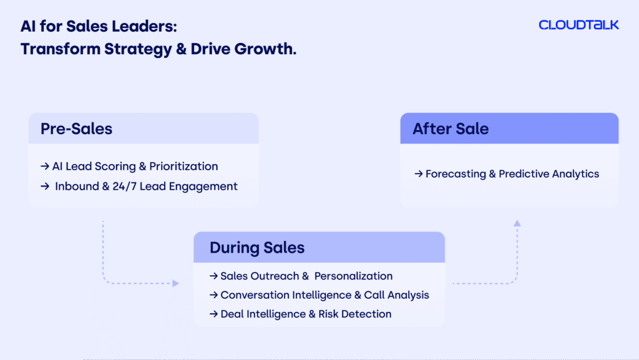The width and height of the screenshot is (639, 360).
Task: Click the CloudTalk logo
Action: click(578, 25)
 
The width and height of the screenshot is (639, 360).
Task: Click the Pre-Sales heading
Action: click(76, 129)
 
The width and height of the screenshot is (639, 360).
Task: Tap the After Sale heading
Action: click(451, 129)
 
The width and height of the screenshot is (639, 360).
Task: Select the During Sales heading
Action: click(257, 248)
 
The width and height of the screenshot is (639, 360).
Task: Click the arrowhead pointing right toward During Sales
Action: click(175, 283)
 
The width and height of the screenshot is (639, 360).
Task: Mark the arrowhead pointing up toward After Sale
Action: click(517, 223)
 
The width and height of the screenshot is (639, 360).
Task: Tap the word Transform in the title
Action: click(61, 49)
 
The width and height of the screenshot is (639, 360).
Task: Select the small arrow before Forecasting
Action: click(419, 174)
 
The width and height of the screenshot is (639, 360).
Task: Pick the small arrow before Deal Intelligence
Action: click(213, 314)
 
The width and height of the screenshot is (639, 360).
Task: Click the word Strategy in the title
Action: click(138, 49)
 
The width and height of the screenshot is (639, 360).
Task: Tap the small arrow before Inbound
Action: click(45, 186)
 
